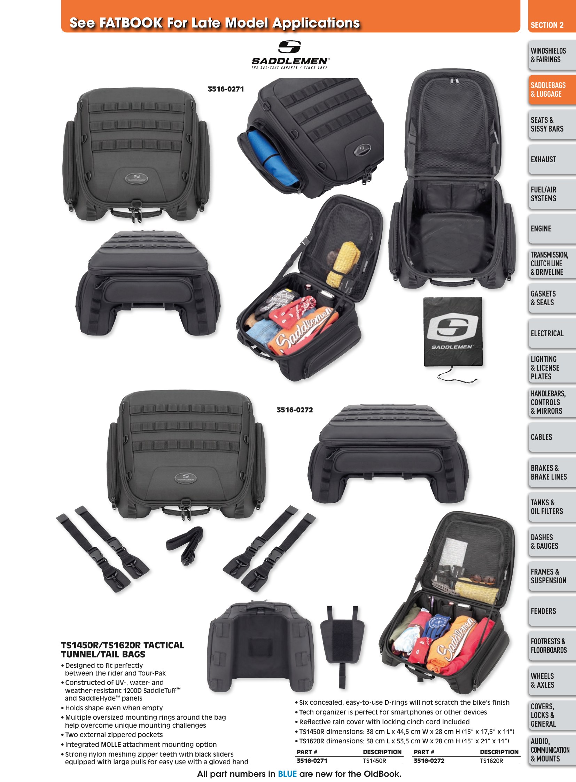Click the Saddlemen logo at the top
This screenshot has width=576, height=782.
(x=290, y=55)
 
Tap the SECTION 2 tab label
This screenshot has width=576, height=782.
(x=547, y=25)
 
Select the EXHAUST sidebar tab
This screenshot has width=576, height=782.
(x=552, y=159)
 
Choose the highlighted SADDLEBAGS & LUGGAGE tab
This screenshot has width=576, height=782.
(x=552, y=89)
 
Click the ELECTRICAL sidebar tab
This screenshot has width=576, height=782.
(x=552, y=333)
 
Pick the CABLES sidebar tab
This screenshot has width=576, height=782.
(x=552, y=437)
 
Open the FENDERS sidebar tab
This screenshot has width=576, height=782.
(x=552, y=611)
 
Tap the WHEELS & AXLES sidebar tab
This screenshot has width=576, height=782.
(x=552, y=680)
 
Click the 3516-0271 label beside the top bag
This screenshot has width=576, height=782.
(x=226, y=89)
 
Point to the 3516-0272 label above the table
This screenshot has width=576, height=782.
(x=295, y=410)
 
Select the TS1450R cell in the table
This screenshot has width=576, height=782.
(x=374, y=761)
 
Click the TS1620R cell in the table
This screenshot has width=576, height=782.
(x=491, y=761)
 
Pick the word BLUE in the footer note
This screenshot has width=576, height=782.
(x=287, y=774)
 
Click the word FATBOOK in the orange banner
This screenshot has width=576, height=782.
(x=131, y=23)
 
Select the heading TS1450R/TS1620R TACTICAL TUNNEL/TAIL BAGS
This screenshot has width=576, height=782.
(x=122, y=649)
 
